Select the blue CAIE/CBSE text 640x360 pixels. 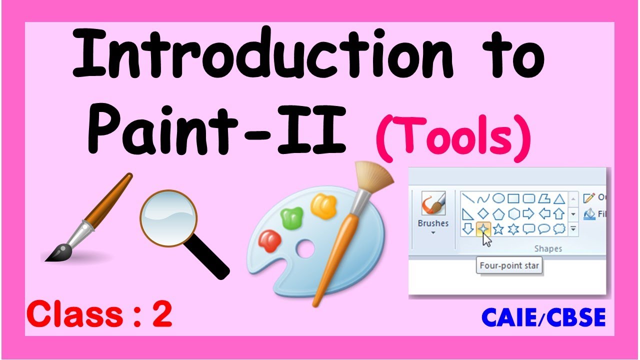(543, 317)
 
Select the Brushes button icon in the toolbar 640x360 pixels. (433, 204)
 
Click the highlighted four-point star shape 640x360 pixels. (482, 229)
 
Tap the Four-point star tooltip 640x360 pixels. (509, 265)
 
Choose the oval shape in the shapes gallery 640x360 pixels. (498, 198)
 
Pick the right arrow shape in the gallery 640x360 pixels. (527, 214)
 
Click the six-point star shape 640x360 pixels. (512, 229)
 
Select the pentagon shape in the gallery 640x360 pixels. (498, 214)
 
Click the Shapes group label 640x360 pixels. (548, 248)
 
